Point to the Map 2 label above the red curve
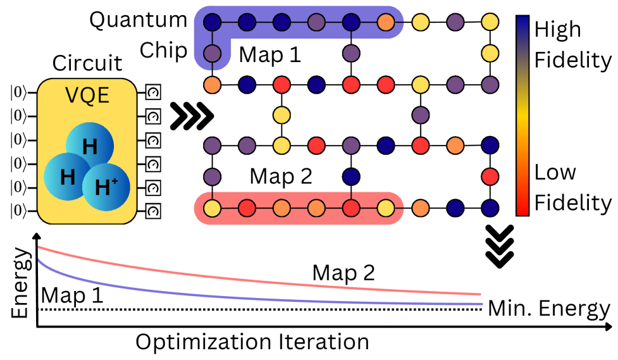[x=343, y=273]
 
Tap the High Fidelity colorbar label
[x=572, y=44]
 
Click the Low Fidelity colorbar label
[x=572, y=187]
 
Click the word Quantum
[x=138, y=20]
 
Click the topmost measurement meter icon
[x=152, y=92]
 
